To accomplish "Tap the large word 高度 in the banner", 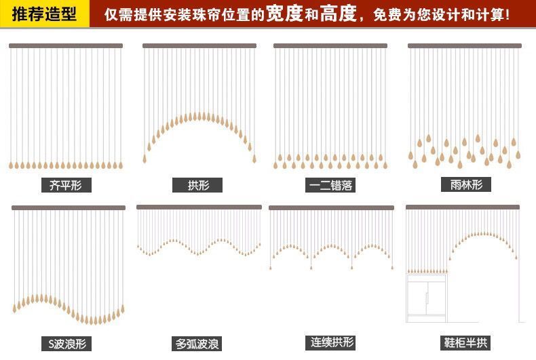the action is [338, 14].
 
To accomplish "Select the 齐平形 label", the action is [66, 184].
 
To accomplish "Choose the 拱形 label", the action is [198, 185].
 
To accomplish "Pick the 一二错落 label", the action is [330, 185].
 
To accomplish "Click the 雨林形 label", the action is [465, 184].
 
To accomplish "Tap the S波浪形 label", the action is [68, 343].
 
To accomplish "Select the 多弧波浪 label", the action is [198, 344].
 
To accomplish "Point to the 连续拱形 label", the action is [332, 342].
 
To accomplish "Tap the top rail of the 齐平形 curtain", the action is [66, 46].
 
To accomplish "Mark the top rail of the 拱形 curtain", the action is [199, 46].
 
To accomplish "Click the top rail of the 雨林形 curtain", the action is [465, 46].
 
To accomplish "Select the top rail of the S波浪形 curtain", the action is [69, 207].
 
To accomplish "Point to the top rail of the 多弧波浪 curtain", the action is [199, 207].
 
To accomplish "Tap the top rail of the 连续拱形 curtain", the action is [331, 207].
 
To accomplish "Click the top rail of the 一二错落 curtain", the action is [330, 46].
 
